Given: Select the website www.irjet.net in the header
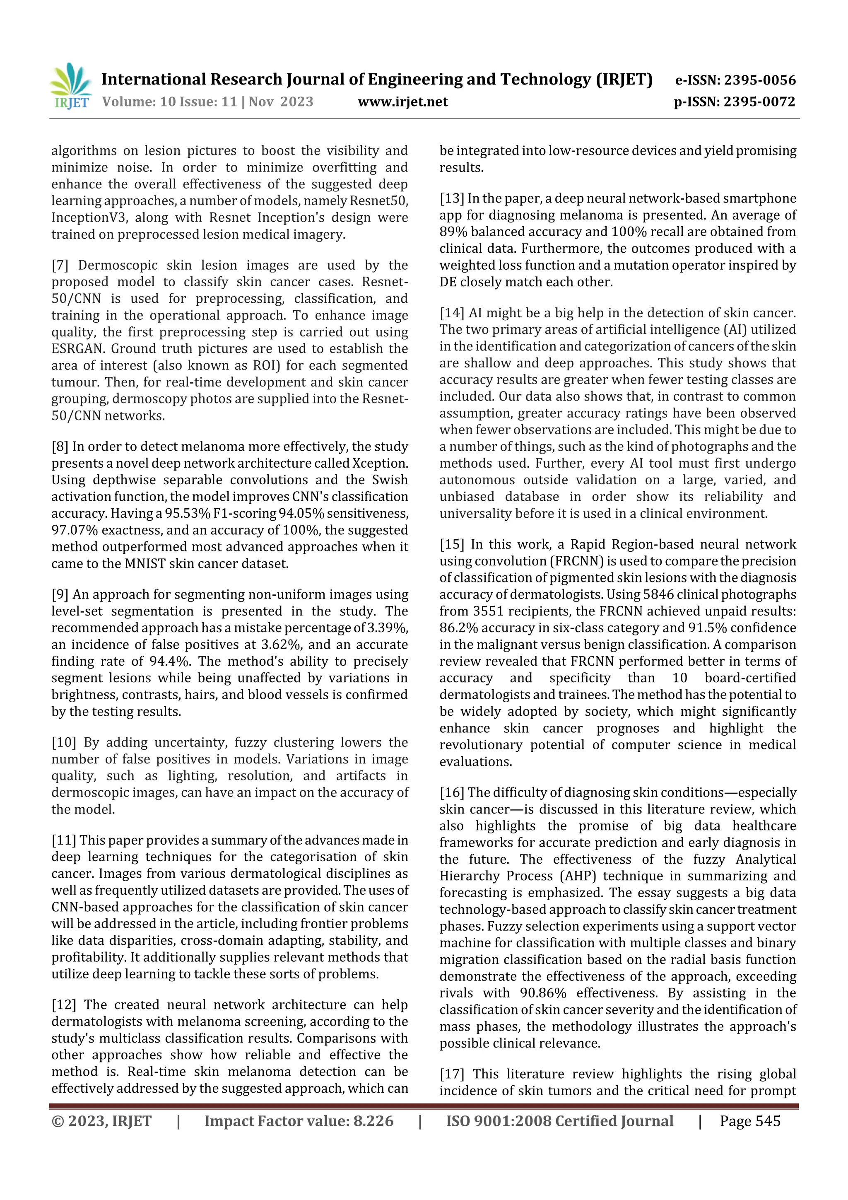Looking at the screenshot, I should tap(402, 102).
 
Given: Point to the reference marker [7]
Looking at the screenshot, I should tap(60, 266).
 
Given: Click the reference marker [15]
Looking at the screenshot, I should tap(451, 545).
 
